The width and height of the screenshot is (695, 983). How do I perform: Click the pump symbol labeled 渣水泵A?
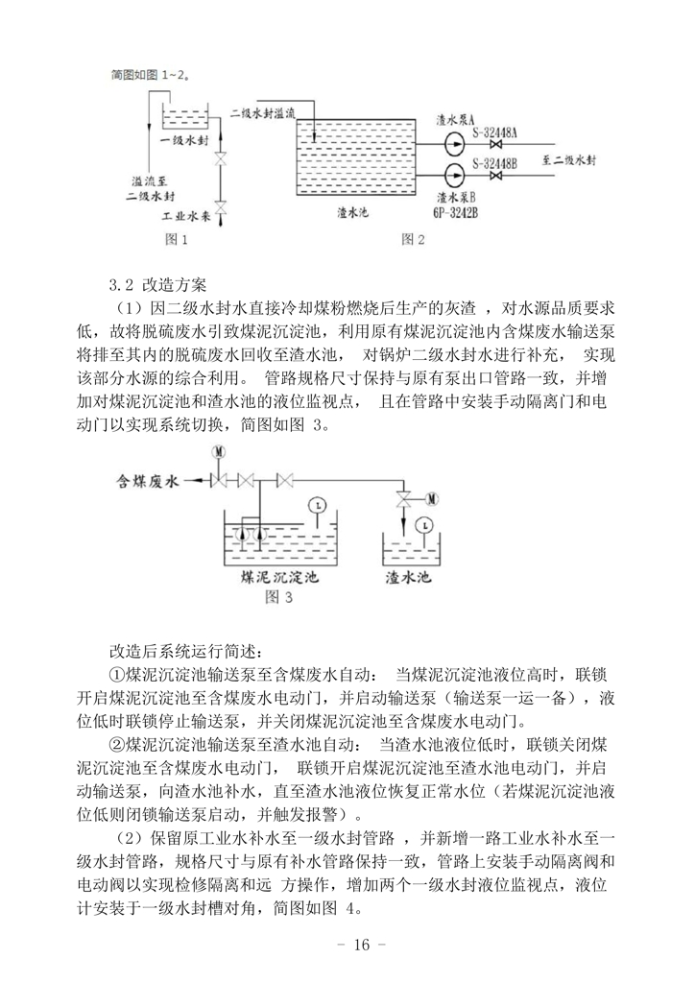pos(452,148)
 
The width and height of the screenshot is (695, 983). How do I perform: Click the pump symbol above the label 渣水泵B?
pos(452,177)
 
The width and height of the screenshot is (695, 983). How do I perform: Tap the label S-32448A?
pos(495,132)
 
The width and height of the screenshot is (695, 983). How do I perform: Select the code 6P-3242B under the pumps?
pos(456,213)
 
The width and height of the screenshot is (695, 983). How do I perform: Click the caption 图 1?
pos(180,237)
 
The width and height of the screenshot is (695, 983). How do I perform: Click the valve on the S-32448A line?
pos(495,148)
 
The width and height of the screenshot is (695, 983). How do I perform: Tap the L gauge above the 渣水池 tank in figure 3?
pos(423,524)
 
